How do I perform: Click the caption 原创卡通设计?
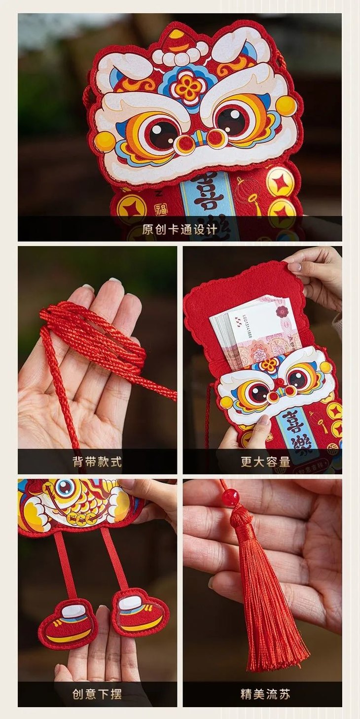[180, 229]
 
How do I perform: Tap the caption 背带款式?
[97, 462]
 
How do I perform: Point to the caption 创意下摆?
[97, 694]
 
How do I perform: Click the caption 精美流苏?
[265, 694]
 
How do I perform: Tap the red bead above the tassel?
[230, 497]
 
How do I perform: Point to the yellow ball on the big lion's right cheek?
[286, 105]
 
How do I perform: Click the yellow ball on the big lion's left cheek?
[105, 141]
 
